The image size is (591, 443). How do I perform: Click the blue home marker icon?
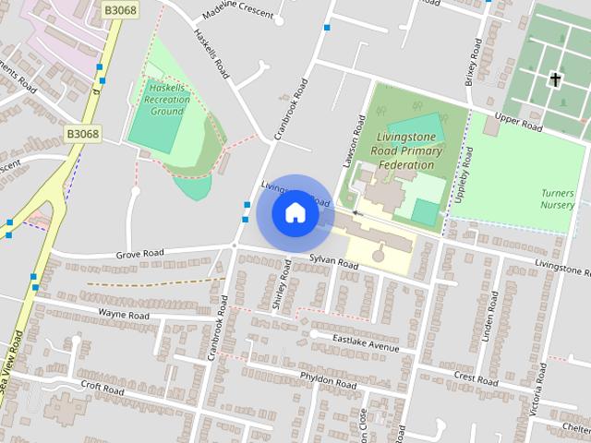295,212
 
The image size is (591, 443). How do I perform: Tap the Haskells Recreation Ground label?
167,100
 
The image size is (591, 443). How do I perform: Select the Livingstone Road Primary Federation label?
406,150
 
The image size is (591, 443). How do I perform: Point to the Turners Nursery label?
558,198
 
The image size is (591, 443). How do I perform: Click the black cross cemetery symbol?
556,79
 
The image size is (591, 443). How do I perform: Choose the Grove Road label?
139,253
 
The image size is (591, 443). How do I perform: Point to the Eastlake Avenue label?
367,342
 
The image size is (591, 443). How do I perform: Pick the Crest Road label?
476,378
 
